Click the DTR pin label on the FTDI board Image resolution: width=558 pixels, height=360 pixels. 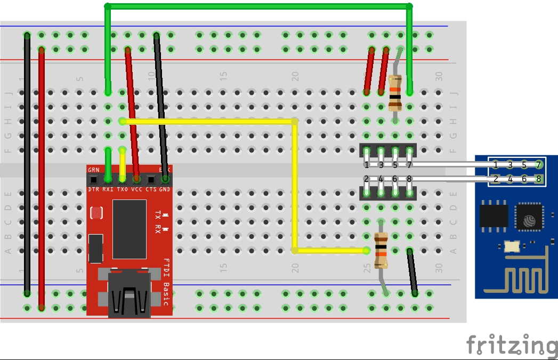(x=93, y=189)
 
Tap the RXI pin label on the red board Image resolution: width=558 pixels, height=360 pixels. (x=108, y=189)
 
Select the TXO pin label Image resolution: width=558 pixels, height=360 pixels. (x=122, y=189)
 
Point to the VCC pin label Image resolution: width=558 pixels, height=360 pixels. (x=136, y=189)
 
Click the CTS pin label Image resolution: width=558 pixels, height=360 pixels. (x=151, y=189)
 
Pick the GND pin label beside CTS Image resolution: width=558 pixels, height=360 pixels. (x=165, y=189)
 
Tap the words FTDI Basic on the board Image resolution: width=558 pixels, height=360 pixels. (x=166, y=282)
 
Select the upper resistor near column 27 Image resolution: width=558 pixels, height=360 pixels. (x=395, y=92)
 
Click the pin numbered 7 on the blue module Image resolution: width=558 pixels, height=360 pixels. (x=538, y=164)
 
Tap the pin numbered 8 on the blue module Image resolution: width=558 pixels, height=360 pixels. (x=538, y=179)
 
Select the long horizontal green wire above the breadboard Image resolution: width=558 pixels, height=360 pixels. (x=258, y=6)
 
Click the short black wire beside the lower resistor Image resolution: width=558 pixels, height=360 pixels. (x=412, y=272)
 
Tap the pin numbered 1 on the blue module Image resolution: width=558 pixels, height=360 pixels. (x=496, y=164)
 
